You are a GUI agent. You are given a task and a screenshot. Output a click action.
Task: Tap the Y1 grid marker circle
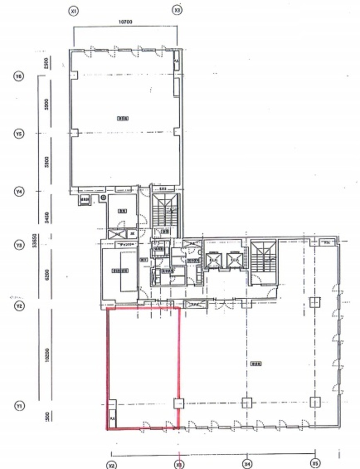click(18, 406)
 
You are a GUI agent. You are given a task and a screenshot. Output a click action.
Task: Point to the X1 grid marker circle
click(73, 11)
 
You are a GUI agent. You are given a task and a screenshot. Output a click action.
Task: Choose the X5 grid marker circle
click(315, 463)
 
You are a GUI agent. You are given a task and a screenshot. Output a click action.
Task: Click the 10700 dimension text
click(125, 22)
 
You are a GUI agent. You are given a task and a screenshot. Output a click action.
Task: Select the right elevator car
click(234, 260)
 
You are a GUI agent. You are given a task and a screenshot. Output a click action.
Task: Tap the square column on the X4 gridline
click(247, 402)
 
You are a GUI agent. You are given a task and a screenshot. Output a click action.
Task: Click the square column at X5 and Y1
click(315, 402)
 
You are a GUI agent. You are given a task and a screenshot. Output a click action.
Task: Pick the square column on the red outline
click(179, 403)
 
